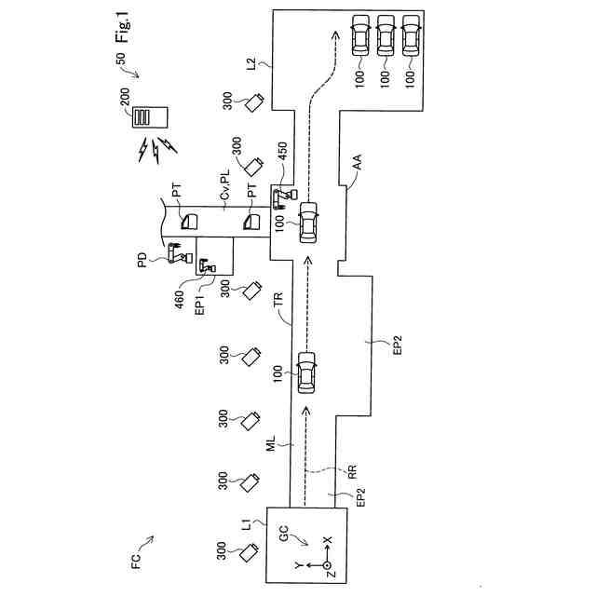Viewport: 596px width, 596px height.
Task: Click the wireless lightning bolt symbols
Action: (x=154, y=145)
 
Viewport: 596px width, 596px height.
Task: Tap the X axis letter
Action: (x=327, y=540)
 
